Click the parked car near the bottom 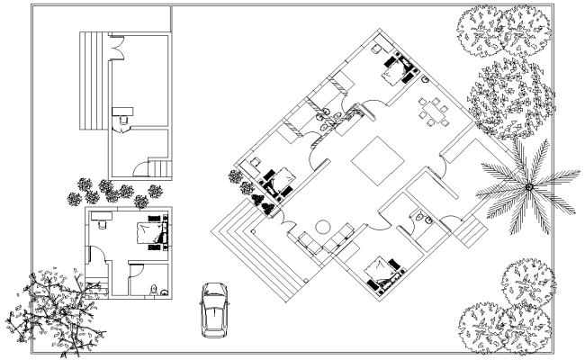213,309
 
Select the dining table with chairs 434,115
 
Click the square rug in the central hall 375,161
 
